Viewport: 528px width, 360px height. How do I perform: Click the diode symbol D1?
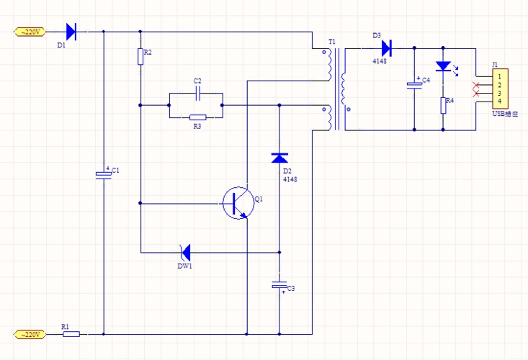tap(71, 31)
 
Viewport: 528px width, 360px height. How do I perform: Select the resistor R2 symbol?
tap(140, 56)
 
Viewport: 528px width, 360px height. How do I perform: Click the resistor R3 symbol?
tap(197, 117)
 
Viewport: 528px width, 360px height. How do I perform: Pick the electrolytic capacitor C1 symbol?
tap(104, 174)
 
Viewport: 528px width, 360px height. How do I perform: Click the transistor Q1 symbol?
tap(236, 203)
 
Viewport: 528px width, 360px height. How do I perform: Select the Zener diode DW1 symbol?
tap(185, 252)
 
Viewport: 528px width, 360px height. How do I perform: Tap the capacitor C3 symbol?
tap(279, 286)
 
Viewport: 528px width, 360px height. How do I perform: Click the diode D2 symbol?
tap(279, 158)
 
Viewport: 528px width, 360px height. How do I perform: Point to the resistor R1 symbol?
tap(72, 334)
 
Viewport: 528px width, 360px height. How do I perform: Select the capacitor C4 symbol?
tap(414, 84)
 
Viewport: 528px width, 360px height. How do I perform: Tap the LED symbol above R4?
tap(443, 67)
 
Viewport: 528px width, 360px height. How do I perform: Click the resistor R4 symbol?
tap(443, 107)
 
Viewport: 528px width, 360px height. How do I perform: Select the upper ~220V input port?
tap(30, 32)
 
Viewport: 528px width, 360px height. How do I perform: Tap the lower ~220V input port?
tap(30, 334)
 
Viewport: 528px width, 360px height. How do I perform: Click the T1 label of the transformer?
tap(331, 42)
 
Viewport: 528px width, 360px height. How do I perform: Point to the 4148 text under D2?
tap(290, 179)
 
